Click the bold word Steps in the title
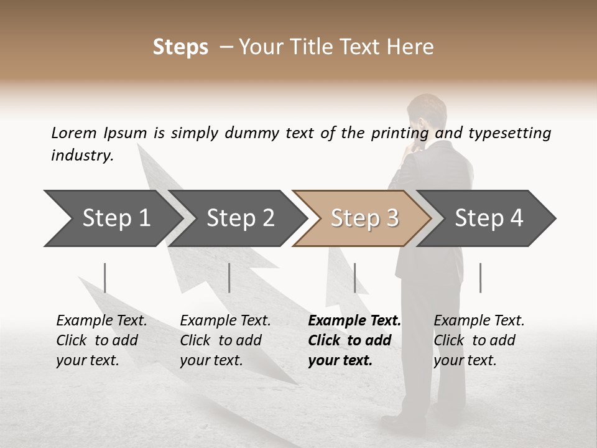(180, 47)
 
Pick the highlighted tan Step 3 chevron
(364, 218)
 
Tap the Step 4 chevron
(488, 218)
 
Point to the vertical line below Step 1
(105, 278)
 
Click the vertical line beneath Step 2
(229, 278)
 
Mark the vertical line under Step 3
(354, 278)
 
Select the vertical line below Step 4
(480, 278)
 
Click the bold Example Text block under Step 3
(354, 340)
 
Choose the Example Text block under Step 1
(101, 340)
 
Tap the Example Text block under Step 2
(225, 340)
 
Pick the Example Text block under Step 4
(479, 340)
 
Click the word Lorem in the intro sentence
(74, 133)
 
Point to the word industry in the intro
(81, 155)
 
